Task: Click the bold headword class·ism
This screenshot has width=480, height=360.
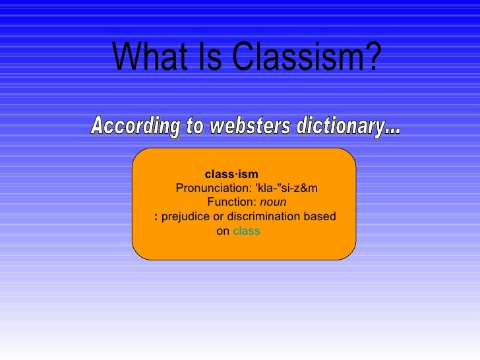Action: tap(231, 175)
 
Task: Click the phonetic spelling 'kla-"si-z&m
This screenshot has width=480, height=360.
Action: tap(286, 189)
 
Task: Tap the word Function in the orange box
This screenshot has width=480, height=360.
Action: tap(231, 202)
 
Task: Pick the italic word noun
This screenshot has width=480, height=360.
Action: tap(273, 202)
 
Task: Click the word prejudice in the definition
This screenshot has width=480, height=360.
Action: tap(185, 217)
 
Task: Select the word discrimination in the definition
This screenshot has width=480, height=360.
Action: tap(268, 217)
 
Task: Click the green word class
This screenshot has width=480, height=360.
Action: tap(247, 231)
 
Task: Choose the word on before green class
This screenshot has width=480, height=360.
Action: tap(223, 231)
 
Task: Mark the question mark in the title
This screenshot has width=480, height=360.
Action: tap(373, 57)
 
